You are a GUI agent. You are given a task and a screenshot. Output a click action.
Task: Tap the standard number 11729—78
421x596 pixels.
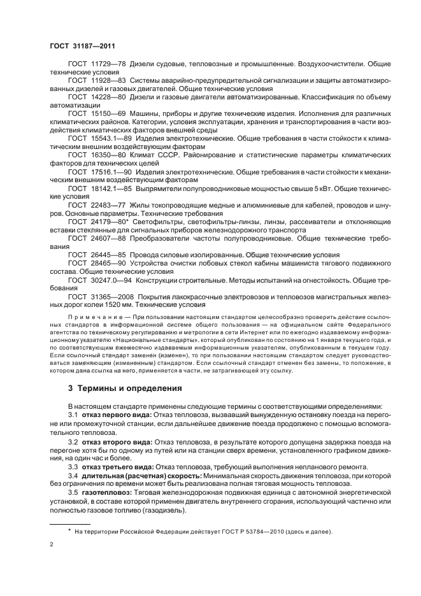108,65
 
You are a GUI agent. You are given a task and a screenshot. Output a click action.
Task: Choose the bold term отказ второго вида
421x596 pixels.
115,441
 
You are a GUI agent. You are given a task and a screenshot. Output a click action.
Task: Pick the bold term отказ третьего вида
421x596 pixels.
117,466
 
